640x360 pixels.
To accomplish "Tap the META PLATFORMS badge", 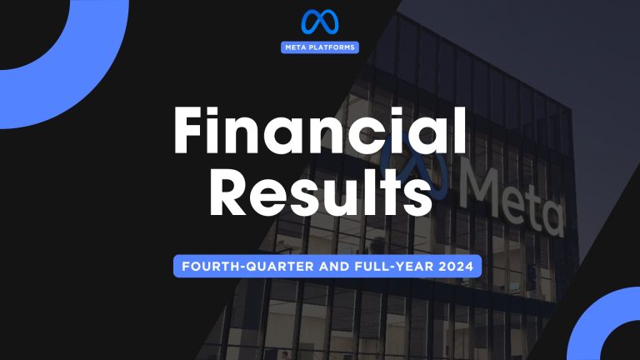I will [x=319, y=47].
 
